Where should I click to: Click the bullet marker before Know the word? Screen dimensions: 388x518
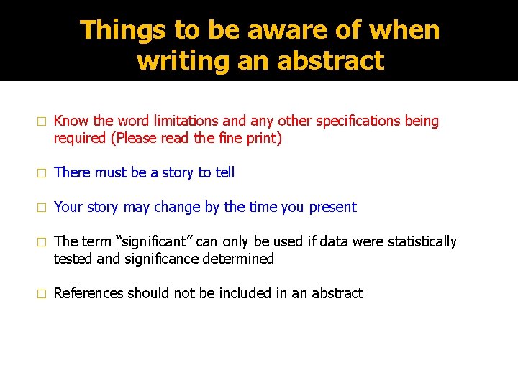tap(42, 121)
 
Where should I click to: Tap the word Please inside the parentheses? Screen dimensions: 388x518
tap(135, 138)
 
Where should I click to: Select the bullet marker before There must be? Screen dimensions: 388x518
tap(42, 173)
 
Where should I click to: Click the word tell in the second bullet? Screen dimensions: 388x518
tap(224, 172)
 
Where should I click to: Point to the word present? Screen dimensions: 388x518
tap(332, 207)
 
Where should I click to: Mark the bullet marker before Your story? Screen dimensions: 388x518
tap(42, 208)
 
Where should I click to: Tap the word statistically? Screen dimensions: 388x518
tap(422, 241)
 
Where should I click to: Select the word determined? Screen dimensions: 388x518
tap(240, 259)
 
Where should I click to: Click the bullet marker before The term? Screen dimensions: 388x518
tap(42, 242)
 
